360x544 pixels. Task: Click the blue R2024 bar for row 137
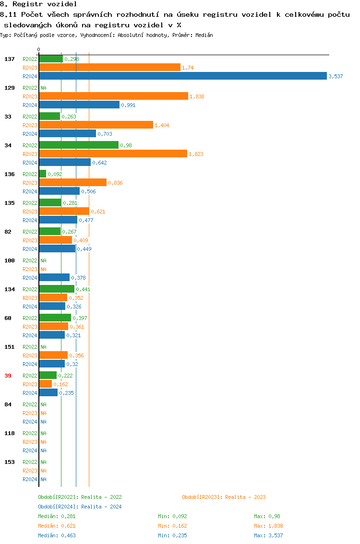point(182,76)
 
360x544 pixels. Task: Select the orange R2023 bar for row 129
point(113,96)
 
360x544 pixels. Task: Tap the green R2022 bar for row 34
point(79,145)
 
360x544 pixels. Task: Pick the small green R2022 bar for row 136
point(43,174)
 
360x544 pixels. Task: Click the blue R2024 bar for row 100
point(54,278)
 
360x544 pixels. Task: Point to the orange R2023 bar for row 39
point(46,384)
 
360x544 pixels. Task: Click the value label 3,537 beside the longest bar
point(336,76)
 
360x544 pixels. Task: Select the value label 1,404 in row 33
point(162,125)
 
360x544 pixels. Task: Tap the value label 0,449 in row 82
point(84,249)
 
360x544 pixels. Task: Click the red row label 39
point(8,376)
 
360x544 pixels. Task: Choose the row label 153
point(9,462)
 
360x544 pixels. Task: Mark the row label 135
point(9,203)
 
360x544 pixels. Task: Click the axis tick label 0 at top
point(39,49)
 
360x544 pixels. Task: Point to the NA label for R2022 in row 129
point(43,88)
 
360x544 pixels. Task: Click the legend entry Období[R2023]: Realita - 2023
point(224,497)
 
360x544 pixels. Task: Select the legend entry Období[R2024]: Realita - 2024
point(80,507)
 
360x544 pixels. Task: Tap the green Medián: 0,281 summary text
point(57,516)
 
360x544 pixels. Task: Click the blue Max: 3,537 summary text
point(268,535)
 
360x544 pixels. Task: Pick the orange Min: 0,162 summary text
point(172,526)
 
